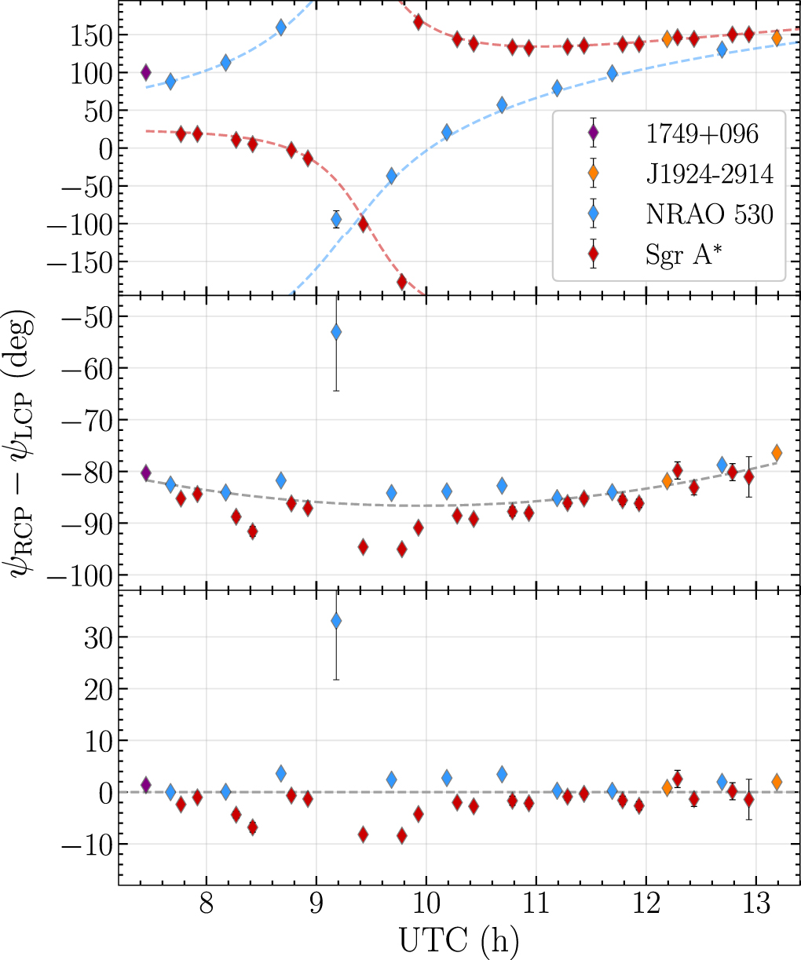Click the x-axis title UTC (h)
pos(459,938)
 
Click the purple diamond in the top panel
pos(145,73)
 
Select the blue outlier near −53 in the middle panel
pos(336,332)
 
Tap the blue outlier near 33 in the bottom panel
pos(336,621)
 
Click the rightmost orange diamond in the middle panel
pos(777,453)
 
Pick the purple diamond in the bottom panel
pos(145,785)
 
